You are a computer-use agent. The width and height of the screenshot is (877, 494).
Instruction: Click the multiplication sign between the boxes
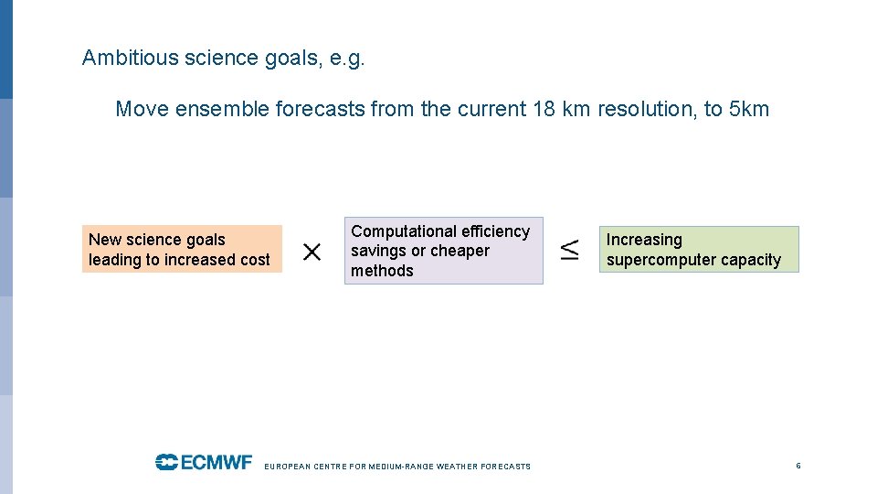[x=312, y=252]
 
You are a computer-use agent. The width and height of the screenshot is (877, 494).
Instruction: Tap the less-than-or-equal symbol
[x=569, y=250]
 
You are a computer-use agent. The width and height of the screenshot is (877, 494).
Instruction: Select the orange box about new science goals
[x=182, y=250]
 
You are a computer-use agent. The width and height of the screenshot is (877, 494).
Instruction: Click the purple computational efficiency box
[x=443, y=251]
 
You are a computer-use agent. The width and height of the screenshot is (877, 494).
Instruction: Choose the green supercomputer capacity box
[x=699, y=250]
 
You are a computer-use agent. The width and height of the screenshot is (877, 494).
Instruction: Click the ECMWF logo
[x=203, y=462]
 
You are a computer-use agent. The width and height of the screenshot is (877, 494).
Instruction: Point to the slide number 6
[x=798, y=466]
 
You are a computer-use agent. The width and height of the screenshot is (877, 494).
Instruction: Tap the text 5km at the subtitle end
[x=749, y=110]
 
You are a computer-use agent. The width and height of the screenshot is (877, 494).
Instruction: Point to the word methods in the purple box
[x=382, y=271]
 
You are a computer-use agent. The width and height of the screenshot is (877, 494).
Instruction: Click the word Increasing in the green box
[x=644, y=240]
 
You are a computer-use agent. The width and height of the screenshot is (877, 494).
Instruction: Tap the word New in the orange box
[x=105, y=240]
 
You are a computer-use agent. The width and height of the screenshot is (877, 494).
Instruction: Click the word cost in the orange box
[x=255, y=260]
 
